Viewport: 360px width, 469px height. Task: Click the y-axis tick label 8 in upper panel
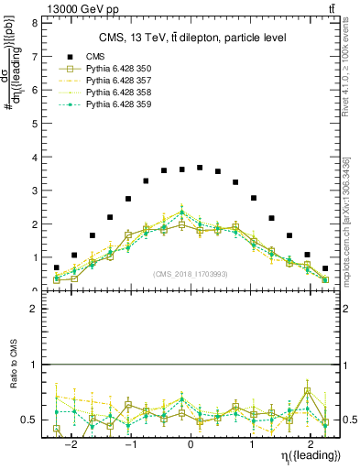[x=33, y=23]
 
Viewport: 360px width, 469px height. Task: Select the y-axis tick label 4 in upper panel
[x=33, y=157]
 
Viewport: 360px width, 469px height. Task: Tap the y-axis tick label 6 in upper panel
[x=33, y=90]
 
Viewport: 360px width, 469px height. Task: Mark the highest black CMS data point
[x=200, y=168]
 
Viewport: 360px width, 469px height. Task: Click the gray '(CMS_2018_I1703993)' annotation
[x=190, y=274]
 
